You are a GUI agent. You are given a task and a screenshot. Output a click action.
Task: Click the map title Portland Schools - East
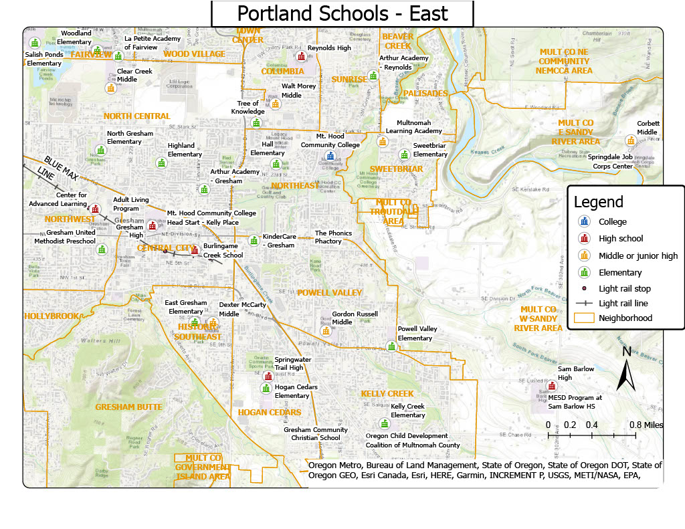tap(342, 13)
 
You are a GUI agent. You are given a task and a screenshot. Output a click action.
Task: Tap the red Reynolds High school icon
tap(302, 56)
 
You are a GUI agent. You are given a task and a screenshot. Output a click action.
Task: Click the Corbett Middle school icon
tap(630, 140)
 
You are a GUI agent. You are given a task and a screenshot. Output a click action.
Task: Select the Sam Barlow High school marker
tap(551, 386)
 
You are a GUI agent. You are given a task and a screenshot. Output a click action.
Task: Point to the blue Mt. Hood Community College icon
tap(330, 156)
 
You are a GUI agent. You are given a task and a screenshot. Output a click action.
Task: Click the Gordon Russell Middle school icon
tap(326, 330)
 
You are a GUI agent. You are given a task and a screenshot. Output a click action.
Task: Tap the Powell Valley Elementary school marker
tap(391, 346)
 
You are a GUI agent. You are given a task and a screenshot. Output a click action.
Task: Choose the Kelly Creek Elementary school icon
tap(384, 423)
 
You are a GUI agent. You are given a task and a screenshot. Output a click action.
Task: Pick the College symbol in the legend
tap(585, 221)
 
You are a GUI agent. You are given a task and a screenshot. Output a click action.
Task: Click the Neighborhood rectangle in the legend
tap(585, 318)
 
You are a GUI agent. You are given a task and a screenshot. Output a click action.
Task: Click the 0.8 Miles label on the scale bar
tap(646, 425)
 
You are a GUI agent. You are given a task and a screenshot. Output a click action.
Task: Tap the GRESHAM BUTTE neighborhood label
tap(128, 407)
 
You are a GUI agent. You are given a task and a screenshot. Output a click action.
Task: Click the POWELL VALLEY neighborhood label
tap(329, 292)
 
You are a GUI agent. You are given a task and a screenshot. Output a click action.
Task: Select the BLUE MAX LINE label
tap(57, 169)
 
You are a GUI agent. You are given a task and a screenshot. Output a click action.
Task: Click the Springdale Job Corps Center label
tap(610, 161)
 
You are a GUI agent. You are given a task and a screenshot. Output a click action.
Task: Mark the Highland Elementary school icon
tap(161, 163)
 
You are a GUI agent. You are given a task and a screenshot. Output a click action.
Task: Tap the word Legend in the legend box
tap(598, 202)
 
